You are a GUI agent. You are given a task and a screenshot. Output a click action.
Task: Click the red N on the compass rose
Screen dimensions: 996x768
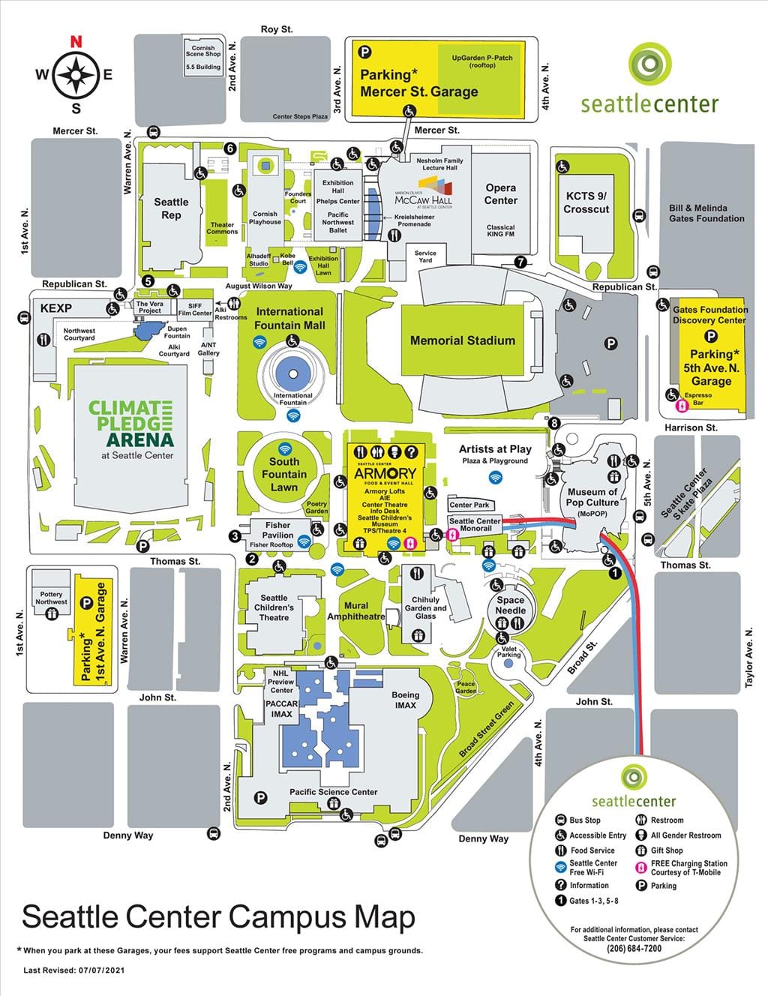click(76, 42)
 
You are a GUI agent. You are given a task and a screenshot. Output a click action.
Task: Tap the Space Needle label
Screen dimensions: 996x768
click(510, 605)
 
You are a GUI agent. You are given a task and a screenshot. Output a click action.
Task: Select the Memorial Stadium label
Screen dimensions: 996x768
click(462, 340)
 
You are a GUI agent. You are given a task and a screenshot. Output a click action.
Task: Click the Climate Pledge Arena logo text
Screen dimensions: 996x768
click(130, 425)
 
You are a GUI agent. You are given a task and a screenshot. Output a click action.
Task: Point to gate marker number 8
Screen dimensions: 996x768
click(554, 423)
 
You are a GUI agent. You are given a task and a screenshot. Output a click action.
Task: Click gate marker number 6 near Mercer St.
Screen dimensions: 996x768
click(229, 148)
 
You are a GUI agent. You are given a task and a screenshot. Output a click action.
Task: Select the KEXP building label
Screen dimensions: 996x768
click(55, 308)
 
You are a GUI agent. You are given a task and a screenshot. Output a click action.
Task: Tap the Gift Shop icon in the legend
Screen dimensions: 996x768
click(641, 850)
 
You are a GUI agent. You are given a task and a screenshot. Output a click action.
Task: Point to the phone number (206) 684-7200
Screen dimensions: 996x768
click(634, 948)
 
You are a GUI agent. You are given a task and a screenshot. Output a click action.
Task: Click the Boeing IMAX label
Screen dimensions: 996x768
click(405, 700)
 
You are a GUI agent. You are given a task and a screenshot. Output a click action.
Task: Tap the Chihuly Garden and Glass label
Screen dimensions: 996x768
click(425, 607)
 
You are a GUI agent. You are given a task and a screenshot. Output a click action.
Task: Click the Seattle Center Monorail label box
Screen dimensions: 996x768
click(474, 524)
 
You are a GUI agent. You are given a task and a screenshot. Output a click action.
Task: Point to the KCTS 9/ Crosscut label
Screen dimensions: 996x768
click(586, 202)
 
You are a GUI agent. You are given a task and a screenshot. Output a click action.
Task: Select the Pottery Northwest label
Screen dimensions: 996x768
click(51, 598)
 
